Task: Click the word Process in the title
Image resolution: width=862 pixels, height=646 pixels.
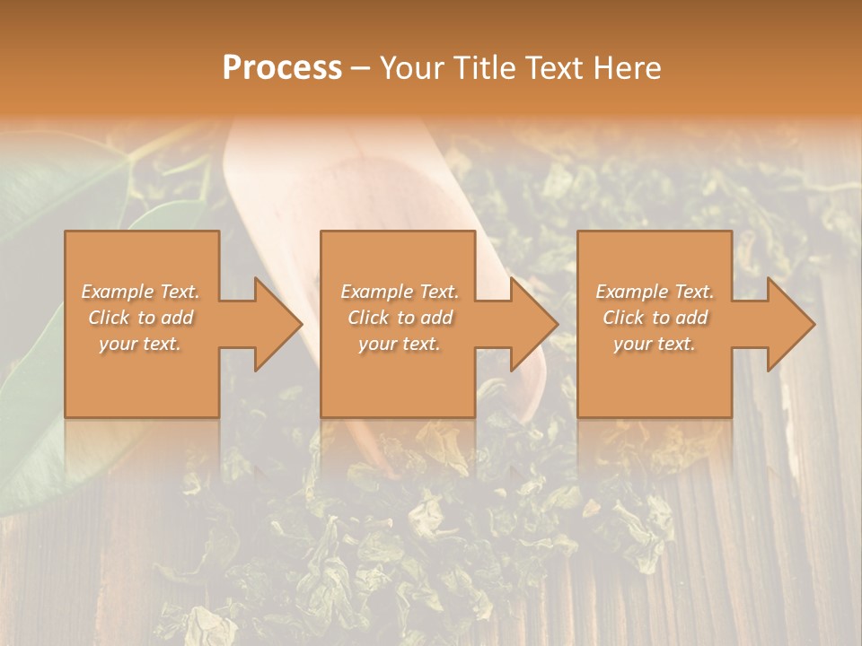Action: pyautogui.click(x=282, y=68)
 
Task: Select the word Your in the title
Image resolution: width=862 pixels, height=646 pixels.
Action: pyautogui.click(x=412, y=68)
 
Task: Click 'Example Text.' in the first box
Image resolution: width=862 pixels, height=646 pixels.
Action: pyautogui.click(x=141, y=292)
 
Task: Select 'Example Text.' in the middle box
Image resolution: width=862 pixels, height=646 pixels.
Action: pyautogui.click(x=400, y=292)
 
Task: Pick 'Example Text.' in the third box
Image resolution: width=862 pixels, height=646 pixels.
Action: pyautogui.click(x=655, y=292)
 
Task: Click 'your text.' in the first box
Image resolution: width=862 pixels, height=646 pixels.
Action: pyautogui.click(x=141, y=344)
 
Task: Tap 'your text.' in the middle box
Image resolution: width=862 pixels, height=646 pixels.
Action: pyautogui.click(x=400, y=344)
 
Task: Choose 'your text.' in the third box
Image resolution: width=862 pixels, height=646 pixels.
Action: pyautogui.click(x=655, y=344)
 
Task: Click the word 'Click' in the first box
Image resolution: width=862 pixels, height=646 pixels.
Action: pyautogui.click(x=109, y=318)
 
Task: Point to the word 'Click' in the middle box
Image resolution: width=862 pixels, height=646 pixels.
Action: pyautogui.click(x=368, y=318)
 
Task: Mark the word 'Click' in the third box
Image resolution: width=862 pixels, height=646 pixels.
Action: pyautogui.click(x=623, y=318)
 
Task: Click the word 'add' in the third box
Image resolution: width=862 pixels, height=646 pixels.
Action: pyautogui.click(x=692, y=318)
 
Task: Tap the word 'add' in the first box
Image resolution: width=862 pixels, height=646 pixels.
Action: pyautogui.click(x=179, y=318)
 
